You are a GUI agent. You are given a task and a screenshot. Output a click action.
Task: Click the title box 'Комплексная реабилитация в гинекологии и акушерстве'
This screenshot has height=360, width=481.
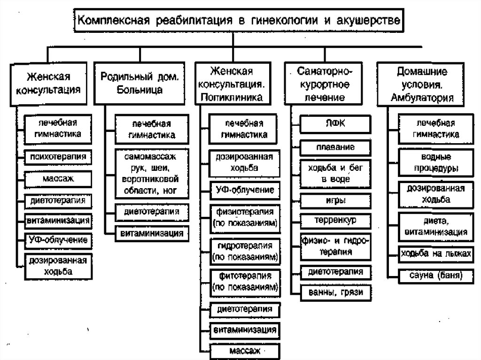[x=239, y=21]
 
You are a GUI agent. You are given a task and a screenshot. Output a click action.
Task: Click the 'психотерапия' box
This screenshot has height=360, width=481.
[x=57, y=156]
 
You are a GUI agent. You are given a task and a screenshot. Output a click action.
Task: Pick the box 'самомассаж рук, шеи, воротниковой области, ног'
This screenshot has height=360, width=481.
[x=150, y=173]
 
